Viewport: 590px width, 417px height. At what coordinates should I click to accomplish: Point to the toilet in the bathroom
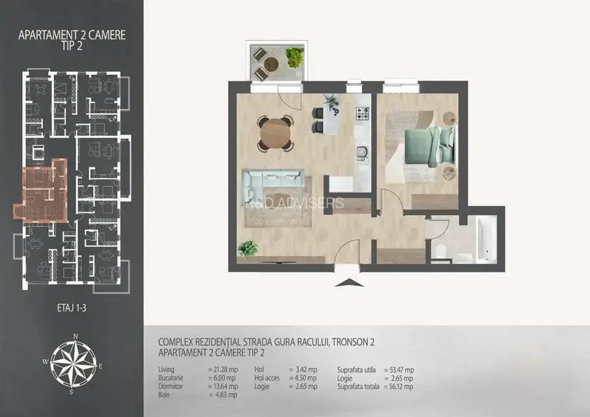[x=440, y=252]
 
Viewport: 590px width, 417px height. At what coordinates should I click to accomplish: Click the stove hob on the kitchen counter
[x=363, y=114]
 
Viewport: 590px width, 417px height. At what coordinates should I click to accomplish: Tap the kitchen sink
[x=362, y=152]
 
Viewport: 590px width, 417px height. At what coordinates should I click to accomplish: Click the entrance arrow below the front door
[x=346, y=282]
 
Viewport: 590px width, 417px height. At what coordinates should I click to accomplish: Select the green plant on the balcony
[x=295, y=57]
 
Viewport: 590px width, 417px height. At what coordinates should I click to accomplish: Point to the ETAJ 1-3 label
[x=73, y=305]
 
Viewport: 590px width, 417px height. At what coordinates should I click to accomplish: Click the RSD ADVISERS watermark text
[x=307, y=202]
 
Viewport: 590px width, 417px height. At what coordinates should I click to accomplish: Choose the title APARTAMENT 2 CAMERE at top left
[x=72, y=33]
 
